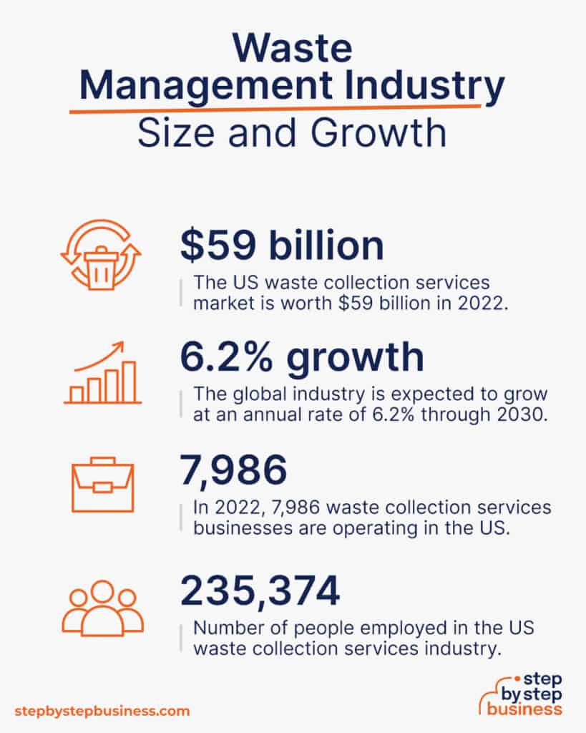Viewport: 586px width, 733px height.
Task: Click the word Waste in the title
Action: point(293,48)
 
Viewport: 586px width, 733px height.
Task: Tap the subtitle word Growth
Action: point(378,134)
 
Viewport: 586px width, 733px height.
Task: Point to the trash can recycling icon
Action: point(101,256)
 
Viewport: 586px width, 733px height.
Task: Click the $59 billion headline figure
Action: point(281,246)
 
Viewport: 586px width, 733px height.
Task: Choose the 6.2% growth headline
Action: point(302,358)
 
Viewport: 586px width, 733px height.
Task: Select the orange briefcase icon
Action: point(102,485)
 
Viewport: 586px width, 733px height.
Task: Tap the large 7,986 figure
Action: point(233,470)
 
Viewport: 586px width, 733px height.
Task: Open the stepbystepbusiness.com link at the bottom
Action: point(102,711)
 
